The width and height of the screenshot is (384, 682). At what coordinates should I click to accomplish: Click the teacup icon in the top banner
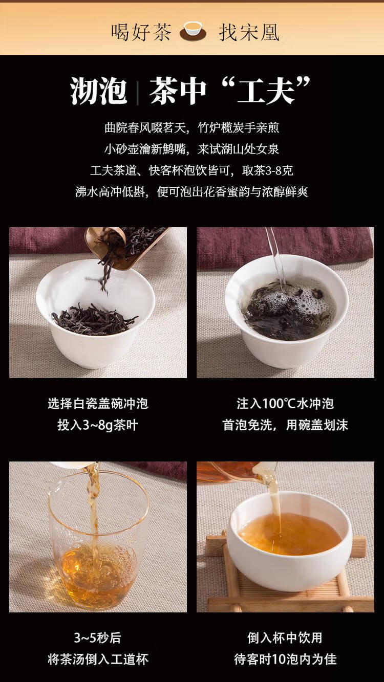point(193,32)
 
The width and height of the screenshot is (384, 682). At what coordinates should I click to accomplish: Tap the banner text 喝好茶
point(141,32)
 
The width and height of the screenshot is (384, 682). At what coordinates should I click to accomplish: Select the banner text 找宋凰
point(249,32)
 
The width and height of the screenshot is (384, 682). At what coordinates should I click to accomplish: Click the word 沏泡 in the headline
point(98,91)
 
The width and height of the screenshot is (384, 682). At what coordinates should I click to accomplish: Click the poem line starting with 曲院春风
point(191,127)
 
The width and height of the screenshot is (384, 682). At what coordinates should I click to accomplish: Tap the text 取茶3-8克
point(268,170)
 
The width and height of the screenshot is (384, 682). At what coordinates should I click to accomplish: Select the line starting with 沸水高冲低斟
point(191,192)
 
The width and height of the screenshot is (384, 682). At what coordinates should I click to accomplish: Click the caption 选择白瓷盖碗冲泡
point(98,403)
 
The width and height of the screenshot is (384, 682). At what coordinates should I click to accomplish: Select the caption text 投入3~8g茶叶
point(98,425)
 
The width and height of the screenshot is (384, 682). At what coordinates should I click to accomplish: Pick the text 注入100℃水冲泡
point(285,403)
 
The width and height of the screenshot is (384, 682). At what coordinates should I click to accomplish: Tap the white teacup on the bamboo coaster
point(289,542)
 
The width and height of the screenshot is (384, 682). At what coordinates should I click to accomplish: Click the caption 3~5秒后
point(98,638)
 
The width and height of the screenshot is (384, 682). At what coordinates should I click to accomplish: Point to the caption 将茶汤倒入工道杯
point(98,659)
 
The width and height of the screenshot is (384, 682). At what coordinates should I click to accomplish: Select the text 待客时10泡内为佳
point(285,659)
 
